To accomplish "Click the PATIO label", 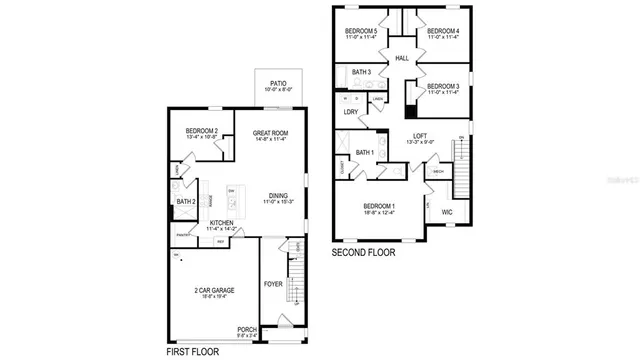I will pyautogui.click(x=275, y=84).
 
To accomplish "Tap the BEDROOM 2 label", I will pyautogui.click(x=202, y=132).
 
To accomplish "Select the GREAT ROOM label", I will pyautogui.click(x=271, y=132).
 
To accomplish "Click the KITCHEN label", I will pyautogui.click(x=222, y=223).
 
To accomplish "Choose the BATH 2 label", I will pyautogui.click(x=186, y=201).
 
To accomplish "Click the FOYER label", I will pyautogui.click(x=274, y=284).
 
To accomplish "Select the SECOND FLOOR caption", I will pyautogui.click(x=364, y=253).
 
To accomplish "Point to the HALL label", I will pyautogui.click(x=402, y=59).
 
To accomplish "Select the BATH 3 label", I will pyautogui.click(x=361, y=72).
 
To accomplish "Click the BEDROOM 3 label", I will pyautogui.click(x=443, y=88).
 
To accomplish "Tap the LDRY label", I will pyautogui.click(x=350, y=112).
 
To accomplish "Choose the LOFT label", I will pyautogui.click(x=421, y=137).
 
